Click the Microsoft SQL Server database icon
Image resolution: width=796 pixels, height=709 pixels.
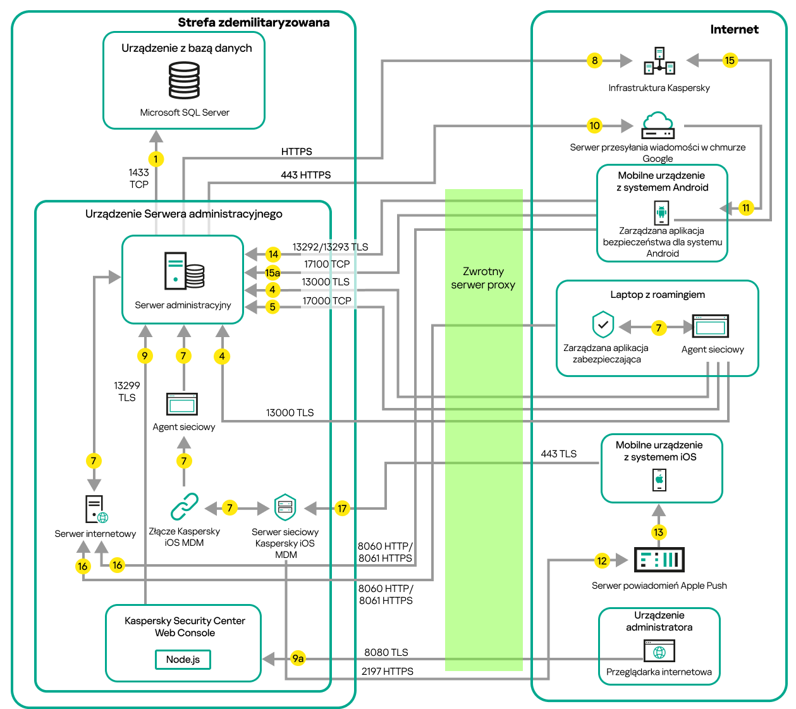click(x=184, y=80)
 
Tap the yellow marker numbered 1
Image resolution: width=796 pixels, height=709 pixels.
click(x=156, y=159)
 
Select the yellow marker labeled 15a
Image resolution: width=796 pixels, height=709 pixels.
click(x=272, y=273)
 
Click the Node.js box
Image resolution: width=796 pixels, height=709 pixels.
click(x=183, y=659)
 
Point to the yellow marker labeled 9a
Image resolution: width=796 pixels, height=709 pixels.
click(x=298, y=658)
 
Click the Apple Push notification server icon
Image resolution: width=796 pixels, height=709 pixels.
click(x=659, y=560)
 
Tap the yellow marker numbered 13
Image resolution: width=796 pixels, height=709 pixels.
click(x=659, y=532)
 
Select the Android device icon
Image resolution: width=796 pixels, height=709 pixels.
click(x=661, y=213)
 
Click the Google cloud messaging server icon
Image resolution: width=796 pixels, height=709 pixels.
click(x=658, y=125)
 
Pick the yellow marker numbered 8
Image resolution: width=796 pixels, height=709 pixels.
click(x=594, y=61)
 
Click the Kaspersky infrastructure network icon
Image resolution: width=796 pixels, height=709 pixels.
click(x=659, y=61)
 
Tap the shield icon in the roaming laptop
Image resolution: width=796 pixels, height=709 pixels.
click(x=603, y=325)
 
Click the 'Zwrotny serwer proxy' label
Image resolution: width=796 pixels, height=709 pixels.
click(x=483, y=278)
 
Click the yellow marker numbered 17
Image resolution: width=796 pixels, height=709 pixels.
click(x=342, y=508)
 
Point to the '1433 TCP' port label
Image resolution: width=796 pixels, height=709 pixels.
click(x=138, y=178)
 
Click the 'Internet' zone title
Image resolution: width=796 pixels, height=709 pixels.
click(x=734, y=29)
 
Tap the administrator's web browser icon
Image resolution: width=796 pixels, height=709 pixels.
click(x=659, y=651)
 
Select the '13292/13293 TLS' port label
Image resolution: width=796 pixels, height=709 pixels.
click(x=330, y=247)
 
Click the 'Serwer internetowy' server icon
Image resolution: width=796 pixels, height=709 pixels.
click(x=95, y=509)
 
